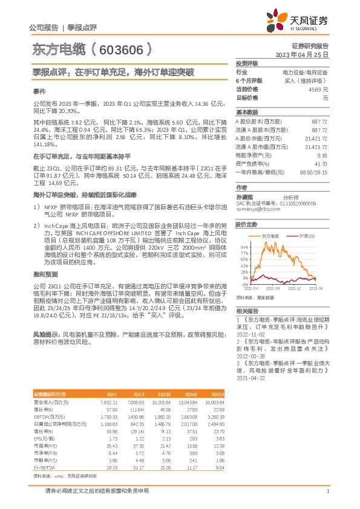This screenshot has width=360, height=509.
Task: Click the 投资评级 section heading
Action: pyautogui.click(x=247, y=63)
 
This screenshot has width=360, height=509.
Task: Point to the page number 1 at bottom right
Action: pyautogui.click(x=327, y=491)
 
